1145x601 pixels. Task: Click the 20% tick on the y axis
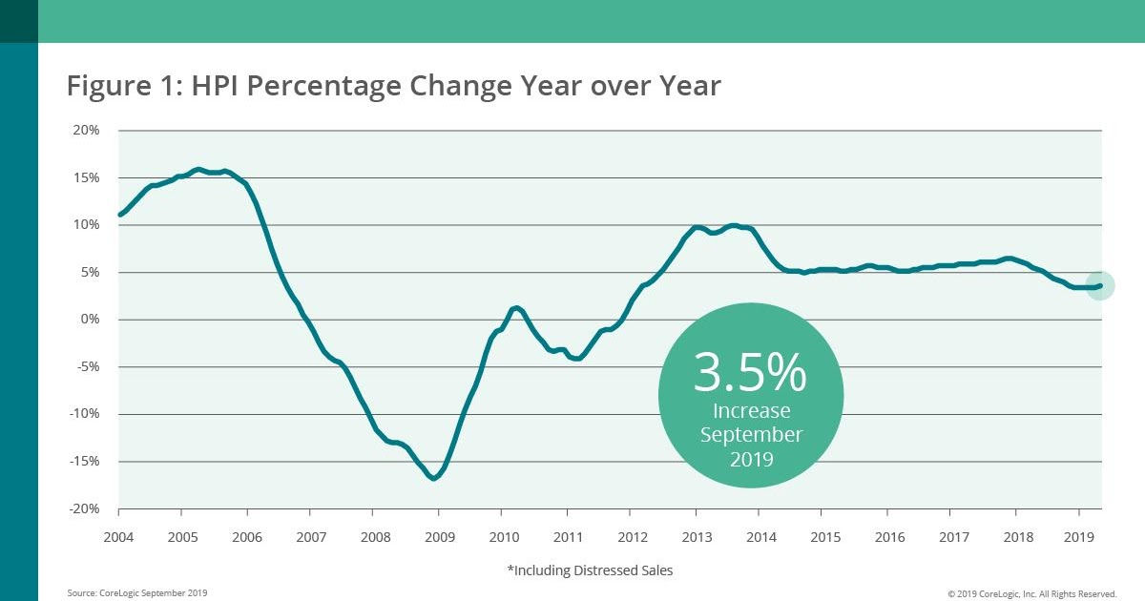tap(87, 131)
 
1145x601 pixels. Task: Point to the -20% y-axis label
tap(85, 508)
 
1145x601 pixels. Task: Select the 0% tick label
tap(90, 320)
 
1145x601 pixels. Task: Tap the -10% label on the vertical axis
tap(85, 414)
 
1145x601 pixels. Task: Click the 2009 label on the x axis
tap(438, 536)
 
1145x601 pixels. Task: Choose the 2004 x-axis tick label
tap(118, 536)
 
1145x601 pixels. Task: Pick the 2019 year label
tap(1078, 536)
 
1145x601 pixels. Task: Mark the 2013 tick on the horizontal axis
tap(695, 536)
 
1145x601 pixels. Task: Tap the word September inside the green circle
tap(751, 434)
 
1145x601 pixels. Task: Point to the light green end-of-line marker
tap(1100, 285)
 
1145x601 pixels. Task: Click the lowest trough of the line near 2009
tap(434, 478)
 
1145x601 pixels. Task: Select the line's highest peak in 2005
tap(198, 170)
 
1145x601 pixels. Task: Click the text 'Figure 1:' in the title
tap(123, 86)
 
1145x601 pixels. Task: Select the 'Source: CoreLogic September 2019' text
tap(136, 593)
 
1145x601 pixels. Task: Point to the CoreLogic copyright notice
tap(1031, 593)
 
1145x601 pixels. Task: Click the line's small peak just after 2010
tap(515, 307)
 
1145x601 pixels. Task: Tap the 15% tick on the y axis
tap(87, 178)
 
